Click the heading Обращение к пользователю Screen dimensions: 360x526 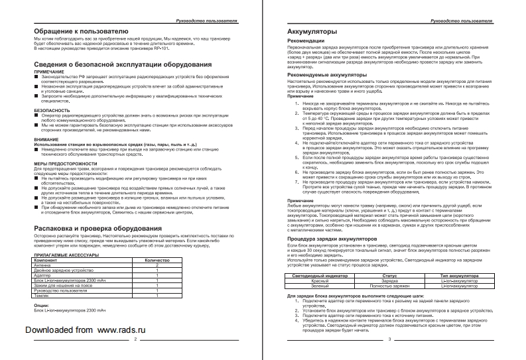coord(76,31)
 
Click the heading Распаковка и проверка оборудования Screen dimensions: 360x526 coord(96,229)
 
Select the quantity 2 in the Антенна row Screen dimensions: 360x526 coord(157,265)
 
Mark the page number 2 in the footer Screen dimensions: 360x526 coord(135,339)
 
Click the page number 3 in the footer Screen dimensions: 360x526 coord(390,339)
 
